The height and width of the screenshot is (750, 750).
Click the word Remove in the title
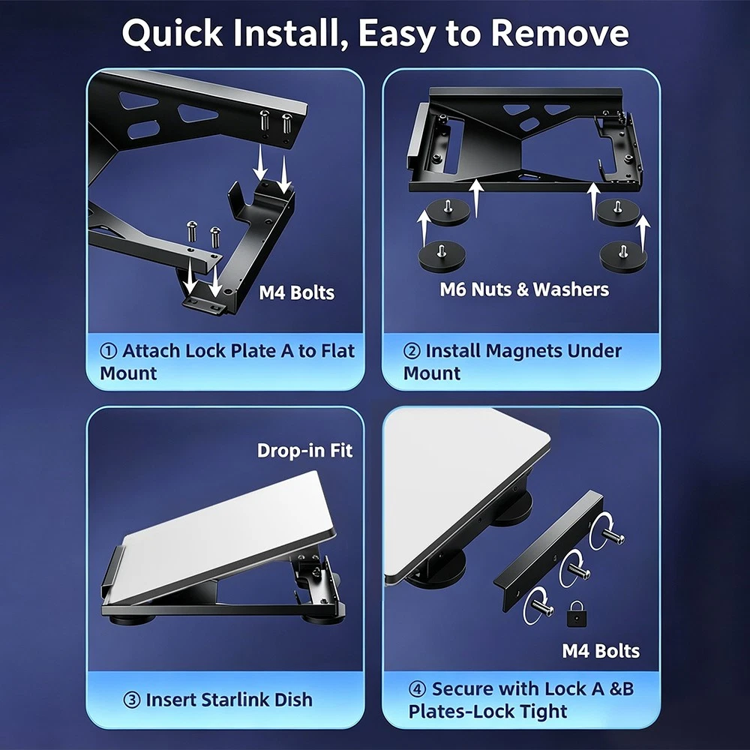(559, 33)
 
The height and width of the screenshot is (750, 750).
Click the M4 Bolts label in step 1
(296, 292)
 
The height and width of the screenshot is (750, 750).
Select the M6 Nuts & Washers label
(524, 289)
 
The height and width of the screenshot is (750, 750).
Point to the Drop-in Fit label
(304, 451)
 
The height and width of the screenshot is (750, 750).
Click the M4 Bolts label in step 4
(601, 651)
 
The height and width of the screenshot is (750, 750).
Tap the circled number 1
(108, 351)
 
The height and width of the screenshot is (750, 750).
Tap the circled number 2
(411, 351)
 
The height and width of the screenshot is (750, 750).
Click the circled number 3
(131, 700)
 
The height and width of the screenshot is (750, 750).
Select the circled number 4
(417, 689)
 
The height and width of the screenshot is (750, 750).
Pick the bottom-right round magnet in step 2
(623, 256)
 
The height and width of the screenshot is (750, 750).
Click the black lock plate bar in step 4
(548, 550)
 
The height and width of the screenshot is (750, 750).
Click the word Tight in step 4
(544, 711)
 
